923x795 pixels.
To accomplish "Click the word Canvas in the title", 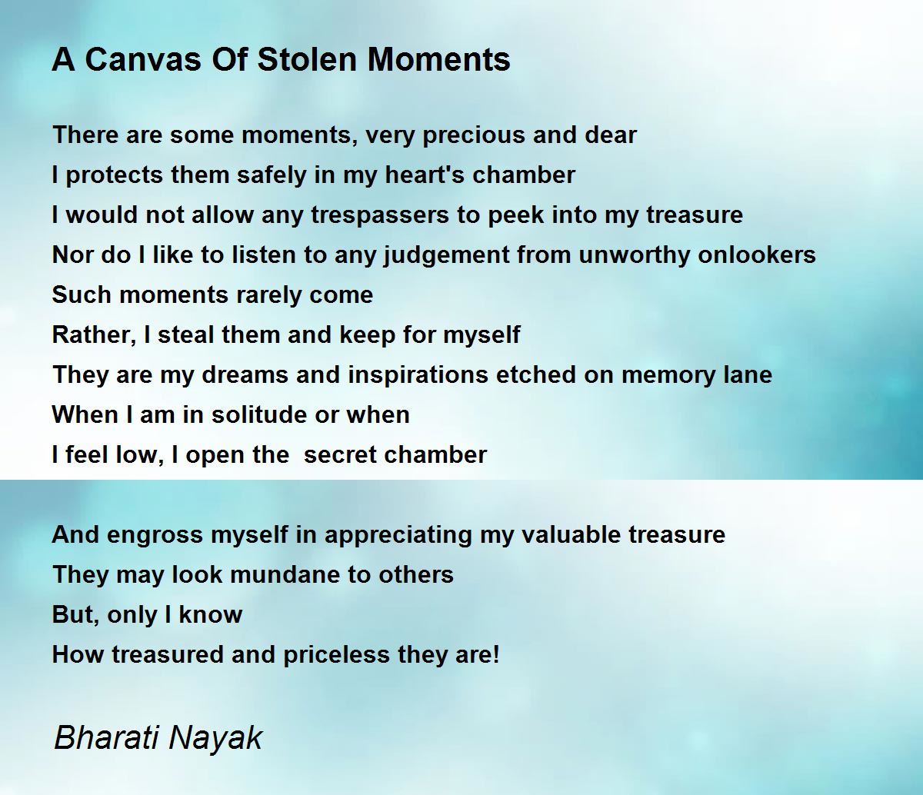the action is [x=143, y=59].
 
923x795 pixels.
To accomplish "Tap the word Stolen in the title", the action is [x=307, y=59].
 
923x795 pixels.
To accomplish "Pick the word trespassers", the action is [x=380, y=216].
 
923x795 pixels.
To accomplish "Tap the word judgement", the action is [x=447, y=256].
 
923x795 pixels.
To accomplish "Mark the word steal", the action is [x=185, y=334].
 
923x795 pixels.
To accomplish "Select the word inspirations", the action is [x=418, y=375].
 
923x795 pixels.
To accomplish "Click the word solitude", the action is [x=259, y=414].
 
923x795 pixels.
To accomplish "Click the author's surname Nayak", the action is [x=215, y=739].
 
